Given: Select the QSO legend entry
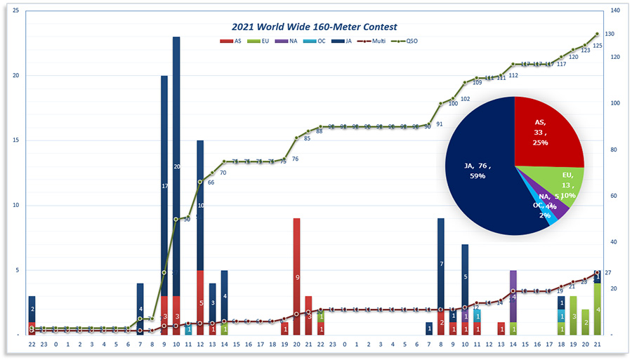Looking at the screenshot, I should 407,41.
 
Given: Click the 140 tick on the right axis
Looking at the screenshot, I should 610,11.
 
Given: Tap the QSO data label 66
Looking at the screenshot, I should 211,182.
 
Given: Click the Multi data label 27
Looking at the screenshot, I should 608,273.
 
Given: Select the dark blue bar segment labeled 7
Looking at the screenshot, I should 440,264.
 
